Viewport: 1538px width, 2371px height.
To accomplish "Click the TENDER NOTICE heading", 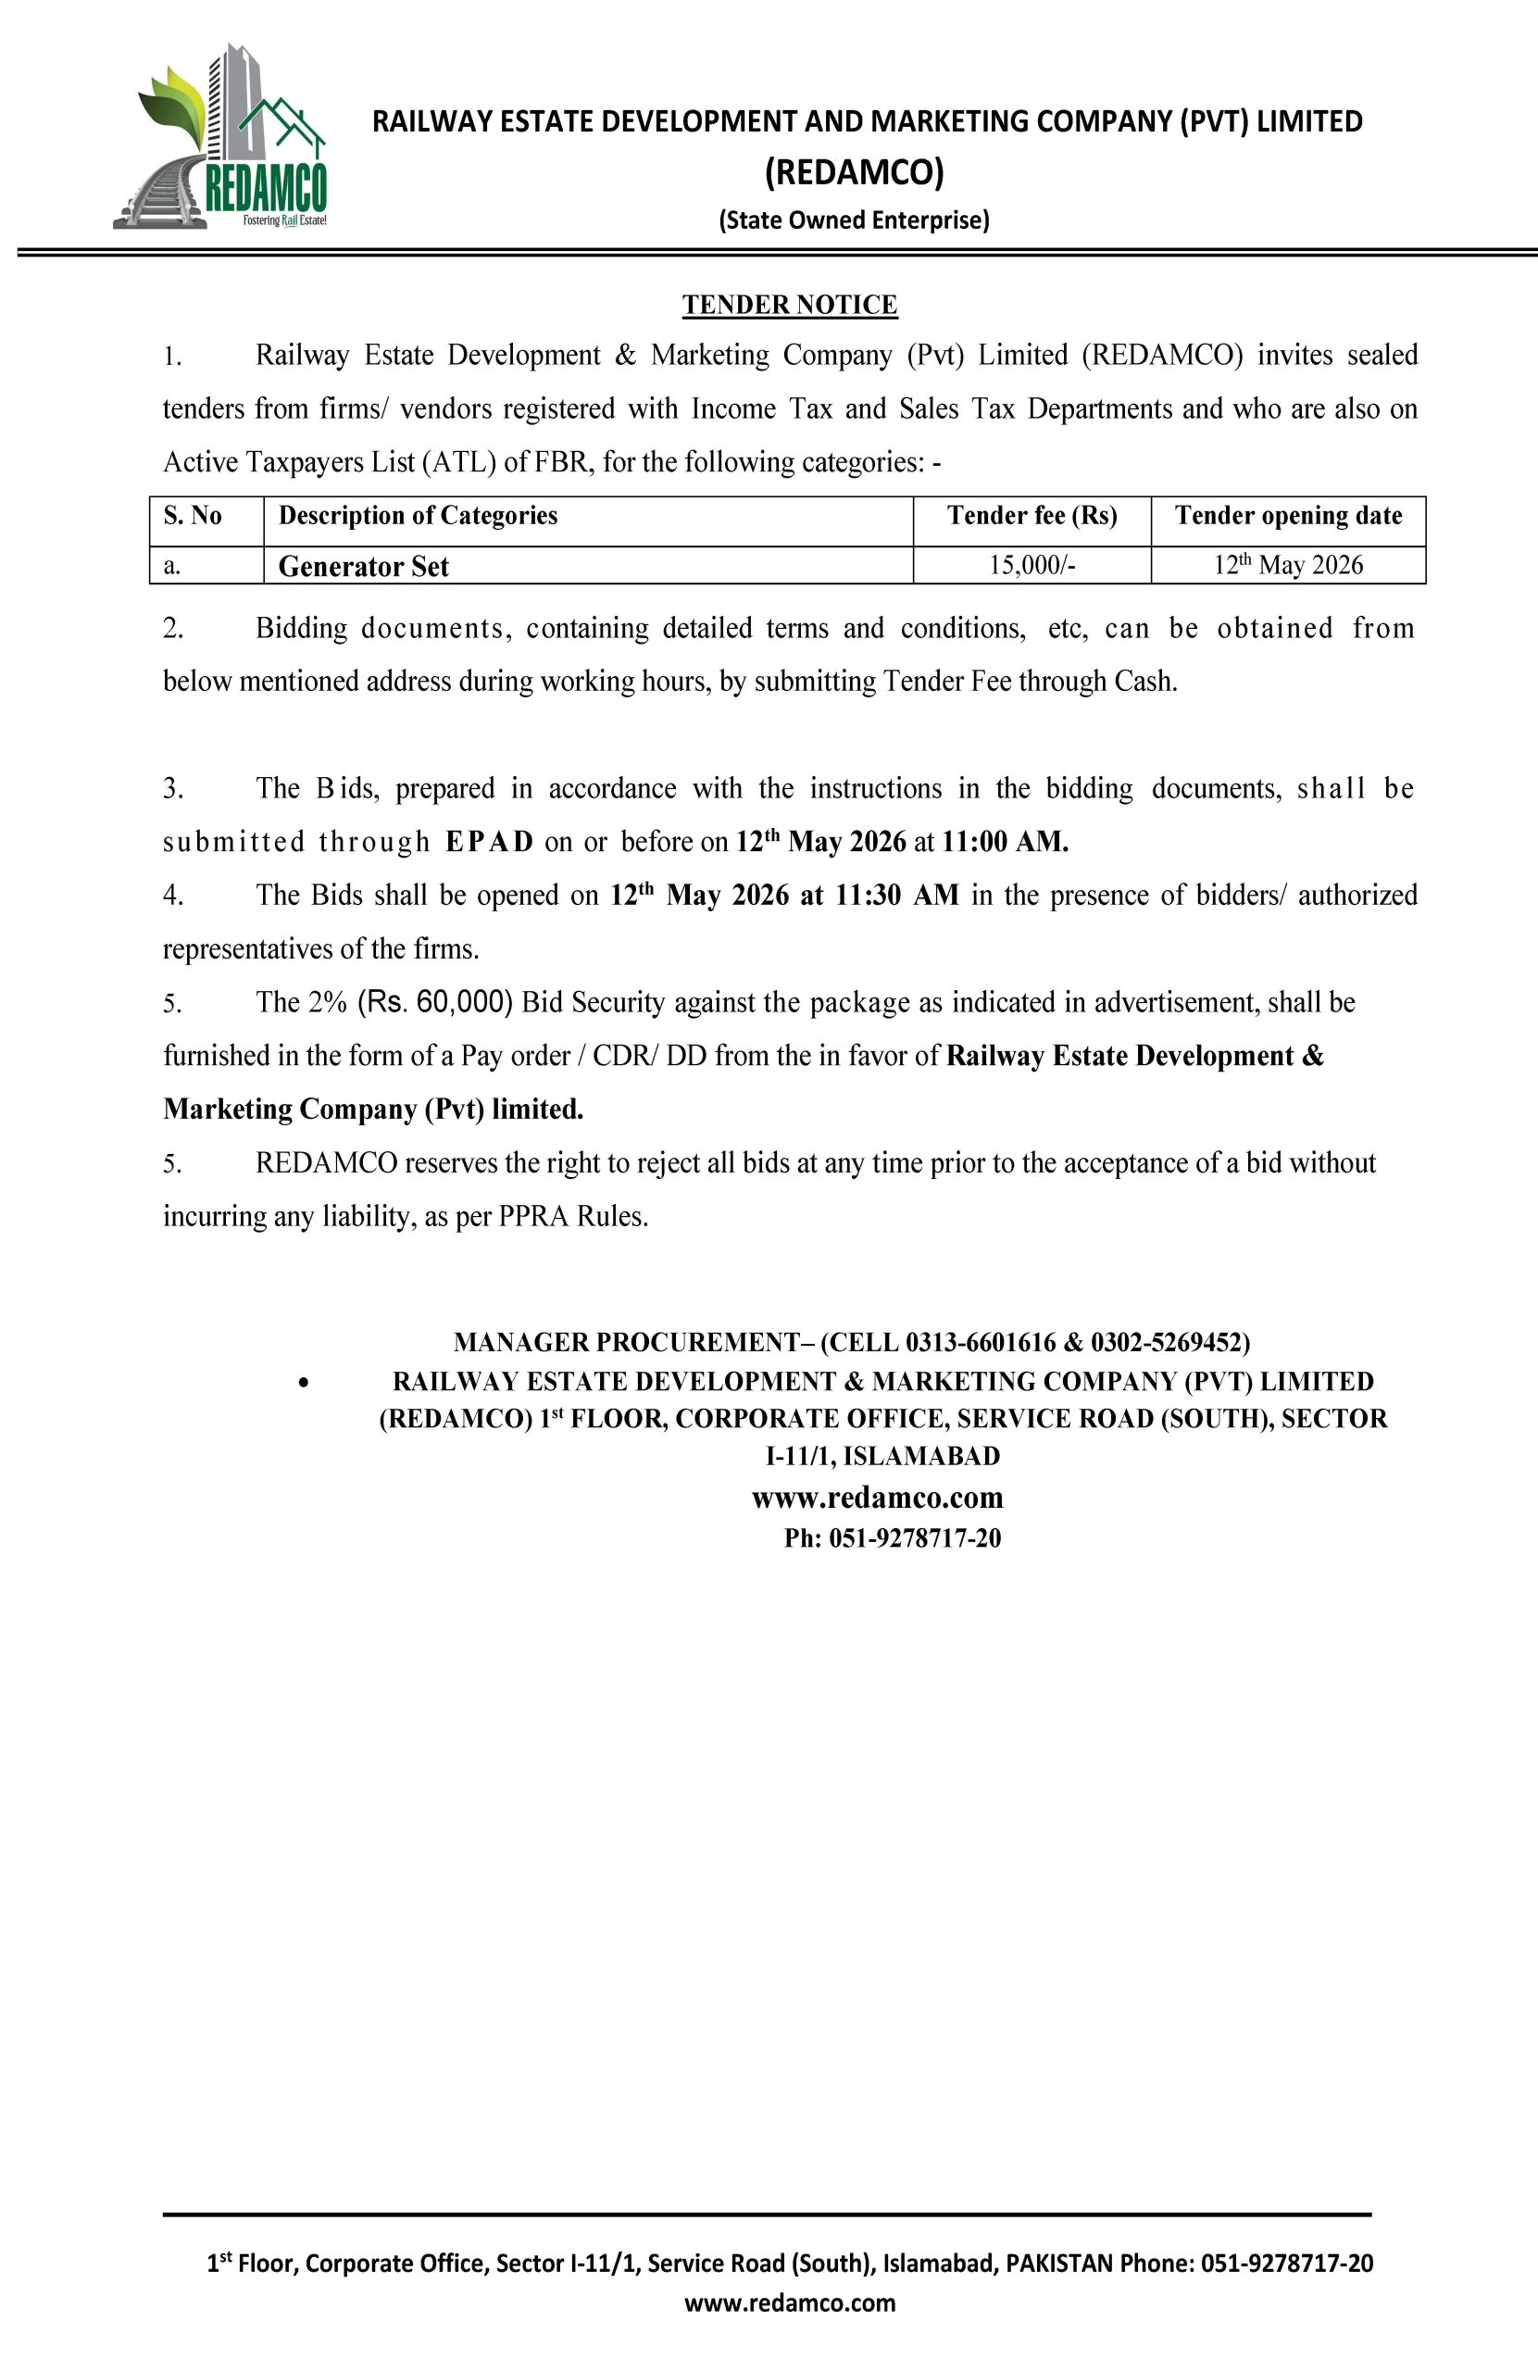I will tap(789, 305).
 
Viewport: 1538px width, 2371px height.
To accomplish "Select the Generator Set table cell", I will tap(364, 567).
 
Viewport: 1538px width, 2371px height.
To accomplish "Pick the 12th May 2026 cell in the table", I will tap(1287, 565).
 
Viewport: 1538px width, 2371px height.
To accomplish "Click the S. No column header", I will tap(193, 516).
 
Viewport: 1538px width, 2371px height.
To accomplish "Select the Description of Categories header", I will tap(418, 516).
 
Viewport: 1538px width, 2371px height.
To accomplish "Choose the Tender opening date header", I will tap(1287, 516).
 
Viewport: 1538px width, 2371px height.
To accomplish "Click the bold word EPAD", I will tap(489, 843).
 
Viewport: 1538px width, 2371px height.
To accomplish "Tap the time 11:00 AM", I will tap(1004, 843).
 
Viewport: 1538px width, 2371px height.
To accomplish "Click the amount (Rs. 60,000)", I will tap(434, 1002).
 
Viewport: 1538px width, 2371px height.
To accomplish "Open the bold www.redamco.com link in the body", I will tap(877, 1499).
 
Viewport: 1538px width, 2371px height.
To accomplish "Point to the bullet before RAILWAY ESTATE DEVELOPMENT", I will tap(304, 1383).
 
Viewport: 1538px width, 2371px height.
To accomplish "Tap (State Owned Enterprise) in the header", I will tap(854, 220).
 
